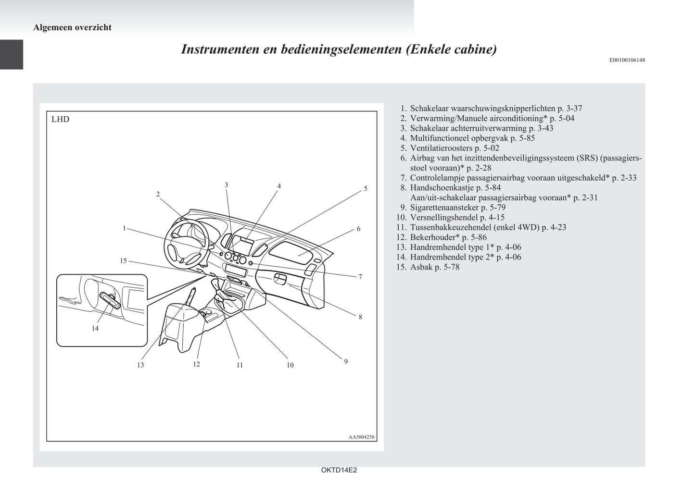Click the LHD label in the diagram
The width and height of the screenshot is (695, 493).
coord(61,119)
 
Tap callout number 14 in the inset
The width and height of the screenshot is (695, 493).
coord(95,328)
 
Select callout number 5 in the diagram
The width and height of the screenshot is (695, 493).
coord(366,188)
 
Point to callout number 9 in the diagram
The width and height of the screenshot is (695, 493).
coord(346,361)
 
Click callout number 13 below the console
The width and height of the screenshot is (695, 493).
coord(140,365)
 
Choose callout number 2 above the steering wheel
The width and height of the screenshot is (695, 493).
coord(158,194)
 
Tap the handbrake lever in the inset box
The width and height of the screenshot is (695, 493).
coord(110,301)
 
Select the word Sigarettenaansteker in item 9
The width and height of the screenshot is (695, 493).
coord(444,208)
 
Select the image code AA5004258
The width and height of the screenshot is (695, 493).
coord(362,437)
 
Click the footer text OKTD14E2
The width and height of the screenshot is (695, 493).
coord(339,470)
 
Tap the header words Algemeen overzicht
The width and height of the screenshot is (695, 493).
coord(72,27)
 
